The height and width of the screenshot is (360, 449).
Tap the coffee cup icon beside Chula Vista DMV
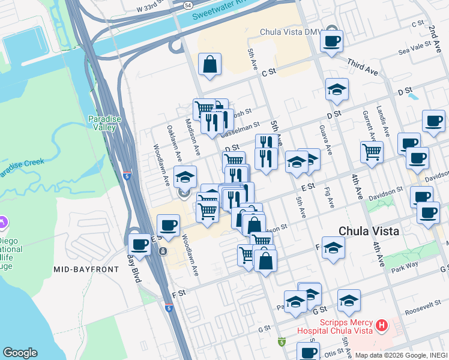tap(331, 42)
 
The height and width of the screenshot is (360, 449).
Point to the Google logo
tap(20, 353)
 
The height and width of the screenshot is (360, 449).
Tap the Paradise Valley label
tap(104, 123)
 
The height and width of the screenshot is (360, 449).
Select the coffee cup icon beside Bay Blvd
tap(139, 244)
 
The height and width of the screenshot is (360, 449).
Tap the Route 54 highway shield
tap(188, 4)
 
